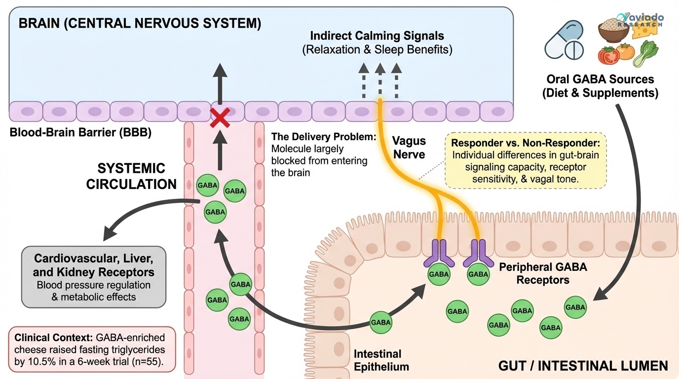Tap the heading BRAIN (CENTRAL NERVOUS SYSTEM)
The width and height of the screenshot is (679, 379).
(140, 24)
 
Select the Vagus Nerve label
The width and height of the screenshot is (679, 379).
(410, 148)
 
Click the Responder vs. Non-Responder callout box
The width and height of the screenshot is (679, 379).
(525, 160)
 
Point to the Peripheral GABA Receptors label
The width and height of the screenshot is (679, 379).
(543, 273)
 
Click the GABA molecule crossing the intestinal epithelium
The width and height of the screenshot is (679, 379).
(381, 322)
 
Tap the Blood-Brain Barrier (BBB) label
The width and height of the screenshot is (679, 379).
(80, 133)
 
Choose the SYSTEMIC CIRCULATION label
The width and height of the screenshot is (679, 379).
(131, 176)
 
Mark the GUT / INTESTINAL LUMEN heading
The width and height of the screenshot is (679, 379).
(583, 366)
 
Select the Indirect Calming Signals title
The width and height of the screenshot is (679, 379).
(377, 36)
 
